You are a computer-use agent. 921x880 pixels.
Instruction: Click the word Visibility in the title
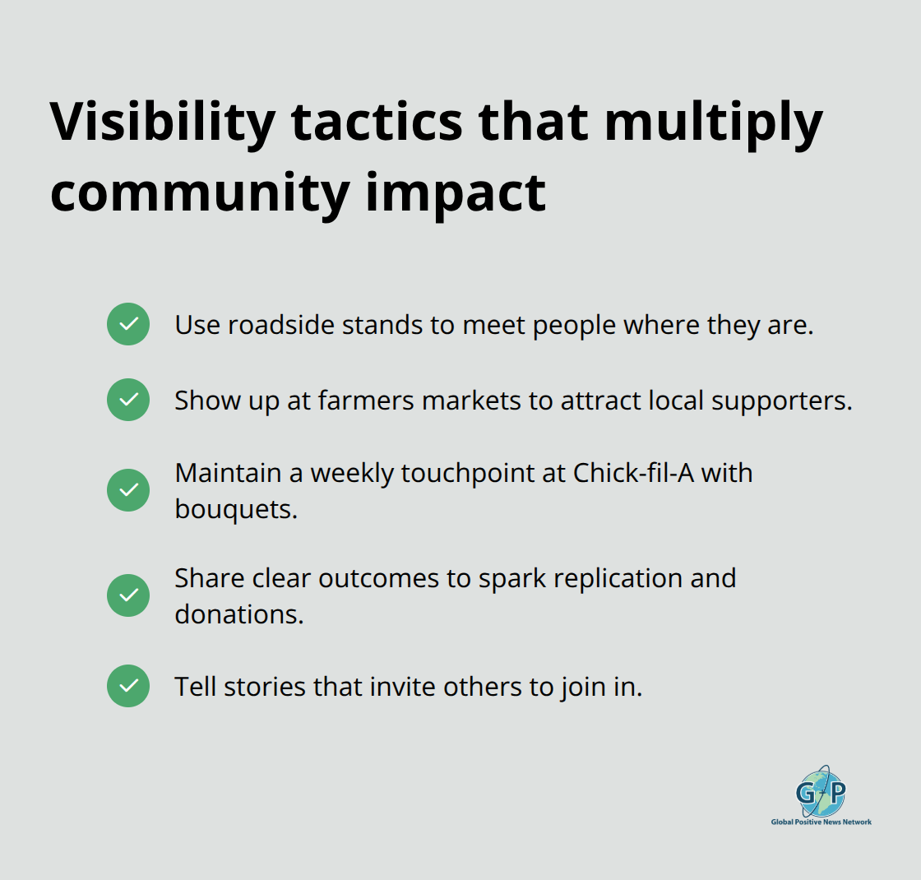click(162, 123)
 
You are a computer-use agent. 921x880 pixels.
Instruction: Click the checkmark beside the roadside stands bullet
click(128, 324)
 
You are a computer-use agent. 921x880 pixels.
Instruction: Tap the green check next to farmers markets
click(128, 400)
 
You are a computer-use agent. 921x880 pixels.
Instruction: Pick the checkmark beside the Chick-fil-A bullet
click(128, 490)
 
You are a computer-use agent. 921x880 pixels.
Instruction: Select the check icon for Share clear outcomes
click(128, 595)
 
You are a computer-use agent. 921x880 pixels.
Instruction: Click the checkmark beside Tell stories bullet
click(128, 686)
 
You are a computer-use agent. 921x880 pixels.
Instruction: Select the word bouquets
click(234, 509)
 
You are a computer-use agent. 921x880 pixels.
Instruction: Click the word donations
click(238, 614)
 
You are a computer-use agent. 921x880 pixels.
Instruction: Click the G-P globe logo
click(821, 791)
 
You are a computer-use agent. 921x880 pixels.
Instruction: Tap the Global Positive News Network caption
click(821, 822)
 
